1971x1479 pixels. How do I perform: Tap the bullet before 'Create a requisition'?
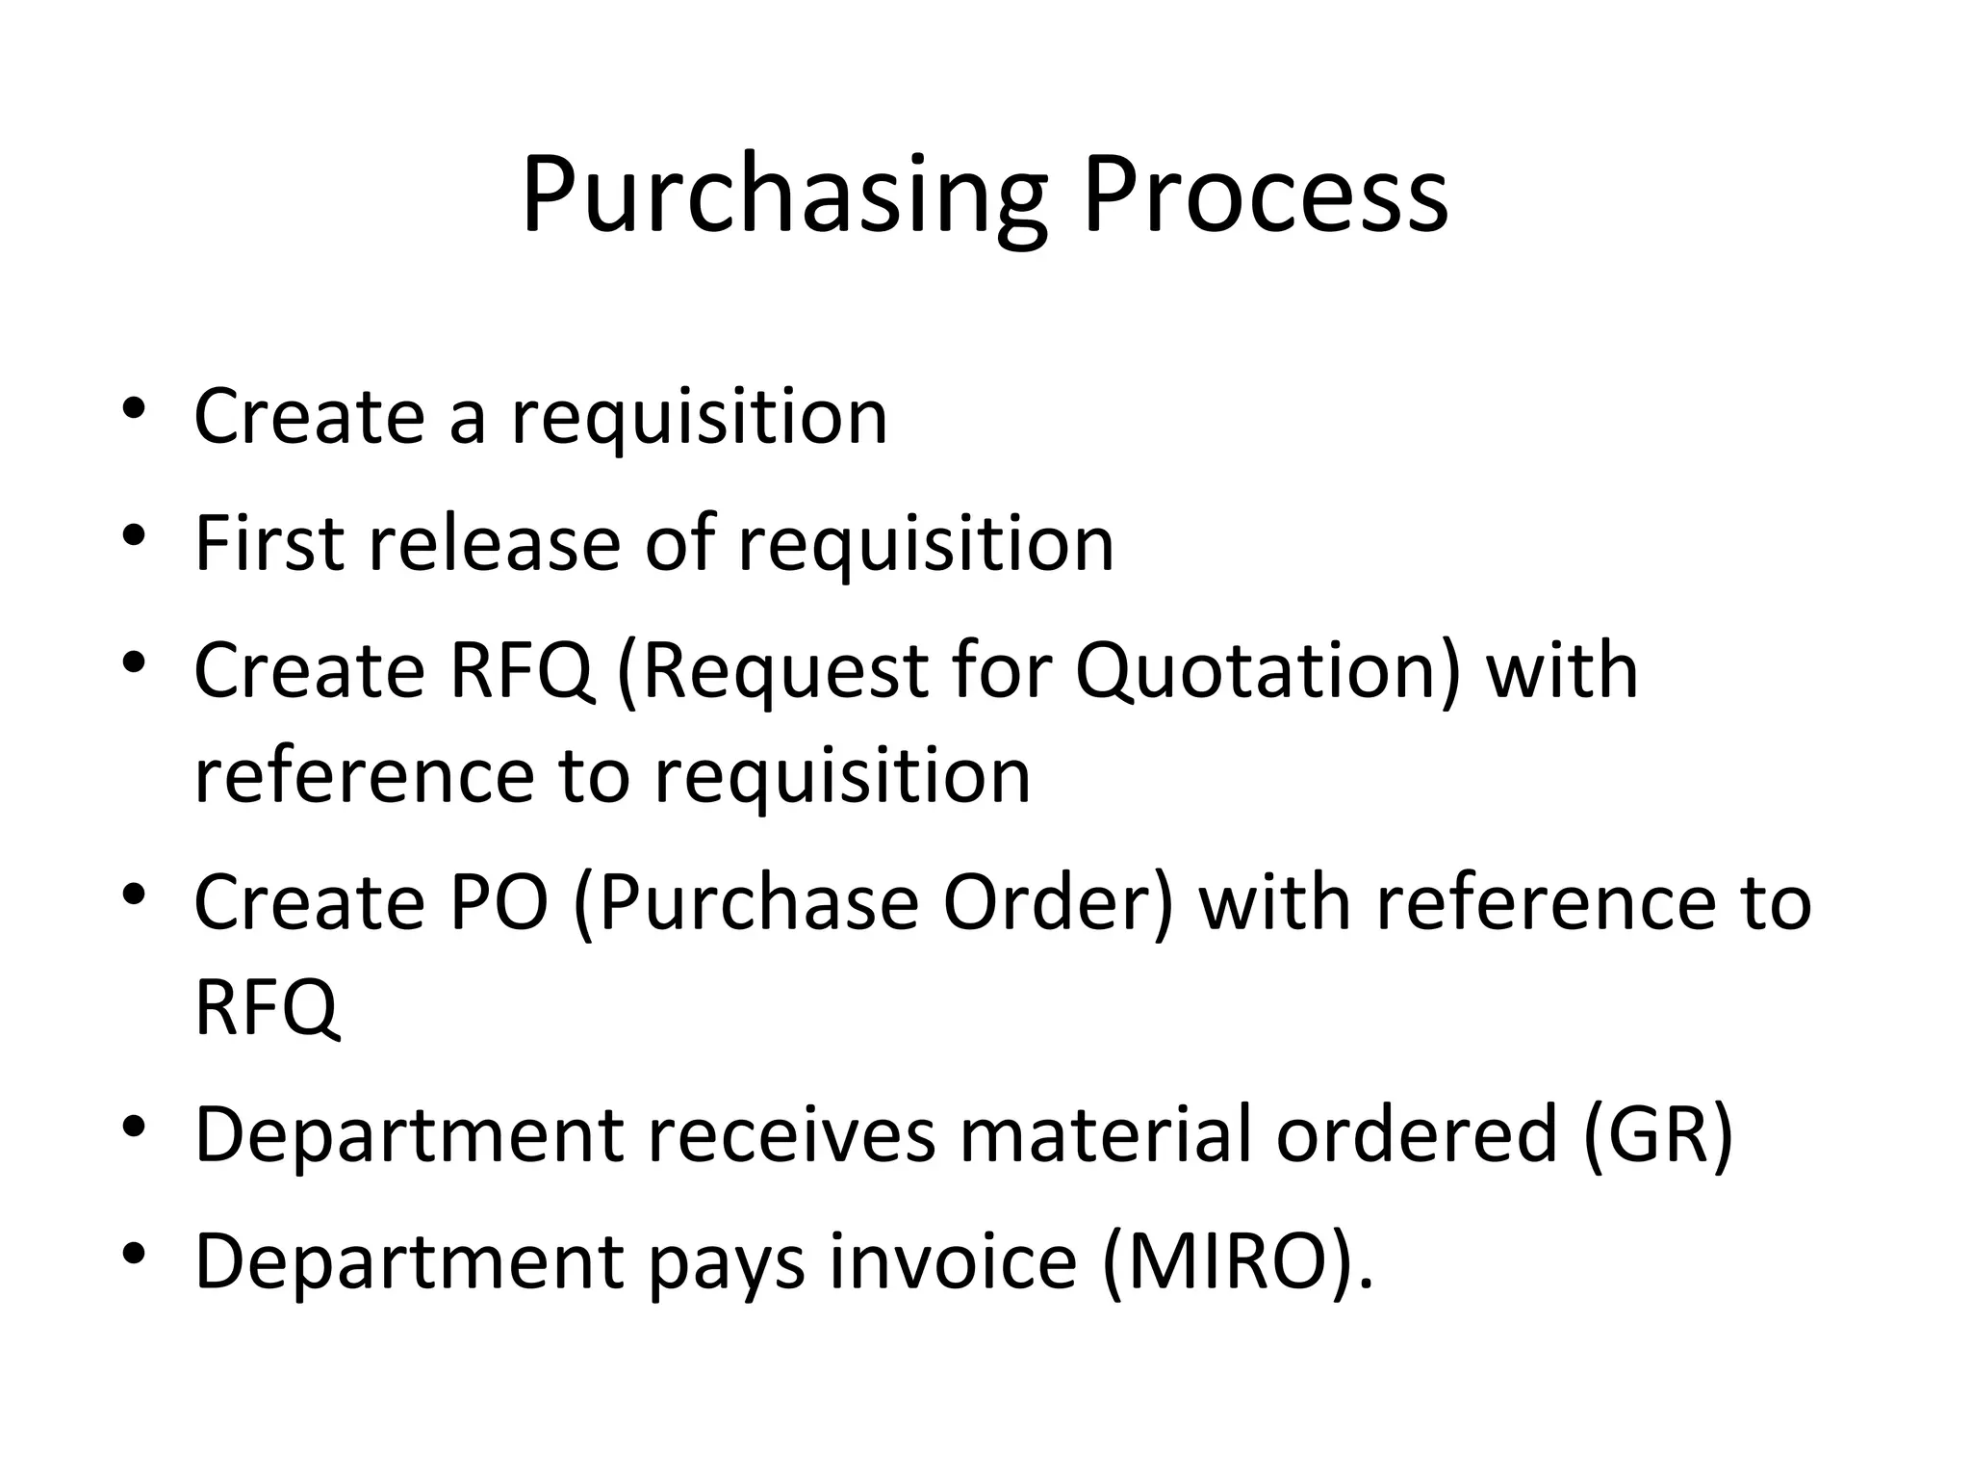coord(134,406)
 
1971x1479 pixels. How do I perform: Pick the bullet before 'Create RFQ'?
coord(134,662)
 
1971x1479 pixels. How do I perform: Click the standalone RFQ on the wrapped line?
coord(268,1007)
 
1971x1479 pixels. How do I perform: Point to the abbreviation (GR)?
coord(1656,1134)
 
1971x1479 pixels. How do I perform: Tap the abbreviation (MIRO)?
coord(1238,1261)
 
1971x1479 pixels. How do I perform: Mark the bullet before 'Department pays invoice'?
coord(134,1252)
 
